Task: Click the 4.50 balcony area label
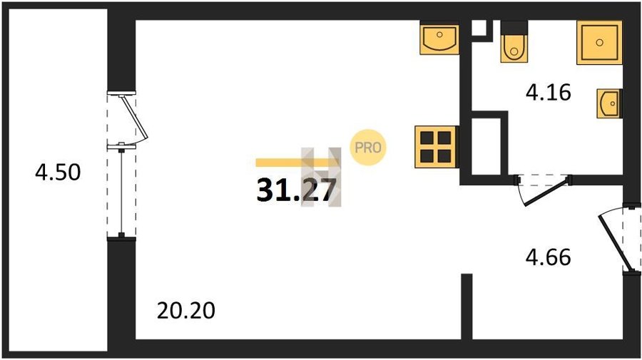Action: coord(58,173)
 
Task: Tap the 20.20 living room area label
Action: coord(186,311)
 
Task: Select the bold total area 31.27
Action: coord(297,190)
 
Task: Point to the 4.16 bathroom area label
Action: coord(549,93)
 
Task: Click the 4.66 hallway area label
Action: coord(549,258)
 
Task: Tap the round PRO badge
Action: coord(367,148)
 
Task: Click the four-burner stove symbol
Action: coord(436,147)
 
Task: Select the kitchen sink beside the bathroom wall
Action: coord(439,38)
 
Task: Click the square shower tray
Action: coord(599,43)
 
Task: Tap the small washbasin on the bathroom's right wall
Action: coord(609,103)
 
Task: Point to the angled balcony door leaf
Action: coord(135,118)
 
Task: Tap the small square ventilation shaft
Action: coord(479,29)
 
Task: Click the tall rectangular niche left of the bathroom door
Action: coord(486,146)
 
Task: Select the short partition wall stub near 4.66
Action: coord(467,307)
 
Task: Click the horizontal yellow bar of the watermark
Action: coord(297,163)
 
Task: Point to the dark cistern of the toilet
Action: coord(514,27)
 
